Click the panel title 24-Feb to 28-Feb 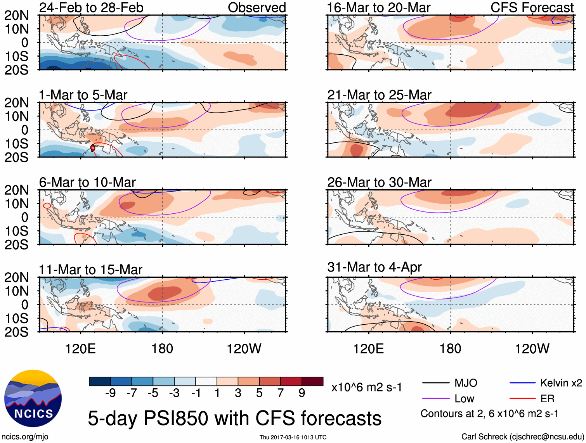coord(91,7)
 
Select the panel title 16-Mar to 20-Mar coord(379,7)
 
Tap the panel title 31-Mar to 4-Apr coord(374,267)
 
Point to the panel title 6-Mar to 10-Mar coord(87,182)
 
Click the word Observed coord(257,7)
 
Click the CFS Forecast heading coord(532,7)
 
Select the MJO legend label coord(466,383)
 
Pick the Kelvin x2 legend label coord(561,383)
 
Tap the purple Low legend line coord(435,398)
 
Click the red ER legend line coord(522,398)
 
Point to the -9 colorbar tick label coord(110,393)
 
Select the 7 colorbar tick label coord(281,393)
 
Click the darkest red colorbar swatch coord(312,381)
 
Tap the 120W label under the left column coord(244,349)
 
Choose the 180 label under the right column coord(450,349)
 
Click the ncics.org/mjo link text coord(25,437)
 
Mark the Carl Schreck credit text coord(522,437)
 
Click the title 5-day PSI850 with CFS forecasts coord(234,418)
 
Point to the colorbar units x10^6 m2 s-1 coord(366,387)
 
